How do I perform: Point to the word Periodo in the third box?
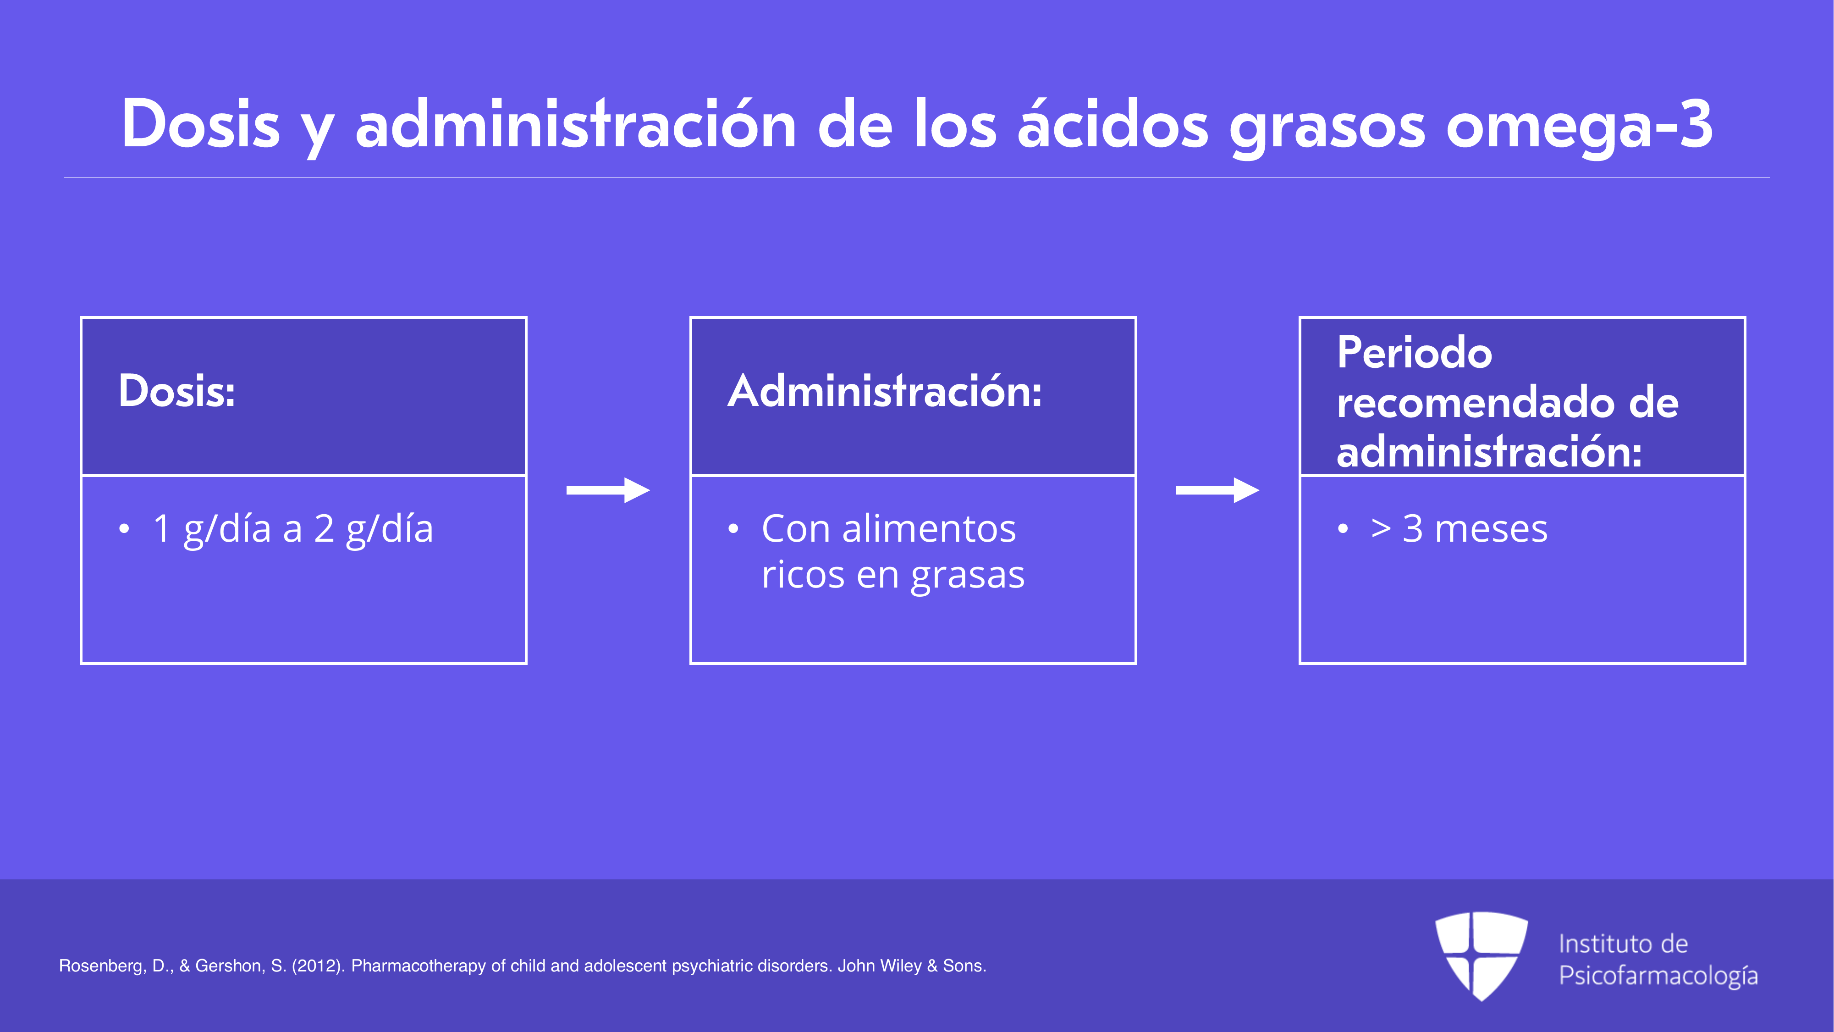pos(1415,353)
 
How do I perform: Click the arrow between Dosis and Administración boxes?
pos(608,490)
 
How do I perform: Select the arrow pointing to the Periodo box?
pos(1217,490)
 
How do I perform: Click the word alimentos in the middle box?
pos(929,528)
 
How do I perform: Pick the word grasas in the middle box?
pos(968,576)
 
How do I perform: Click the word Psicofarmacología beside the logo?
pos(1658,976)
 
